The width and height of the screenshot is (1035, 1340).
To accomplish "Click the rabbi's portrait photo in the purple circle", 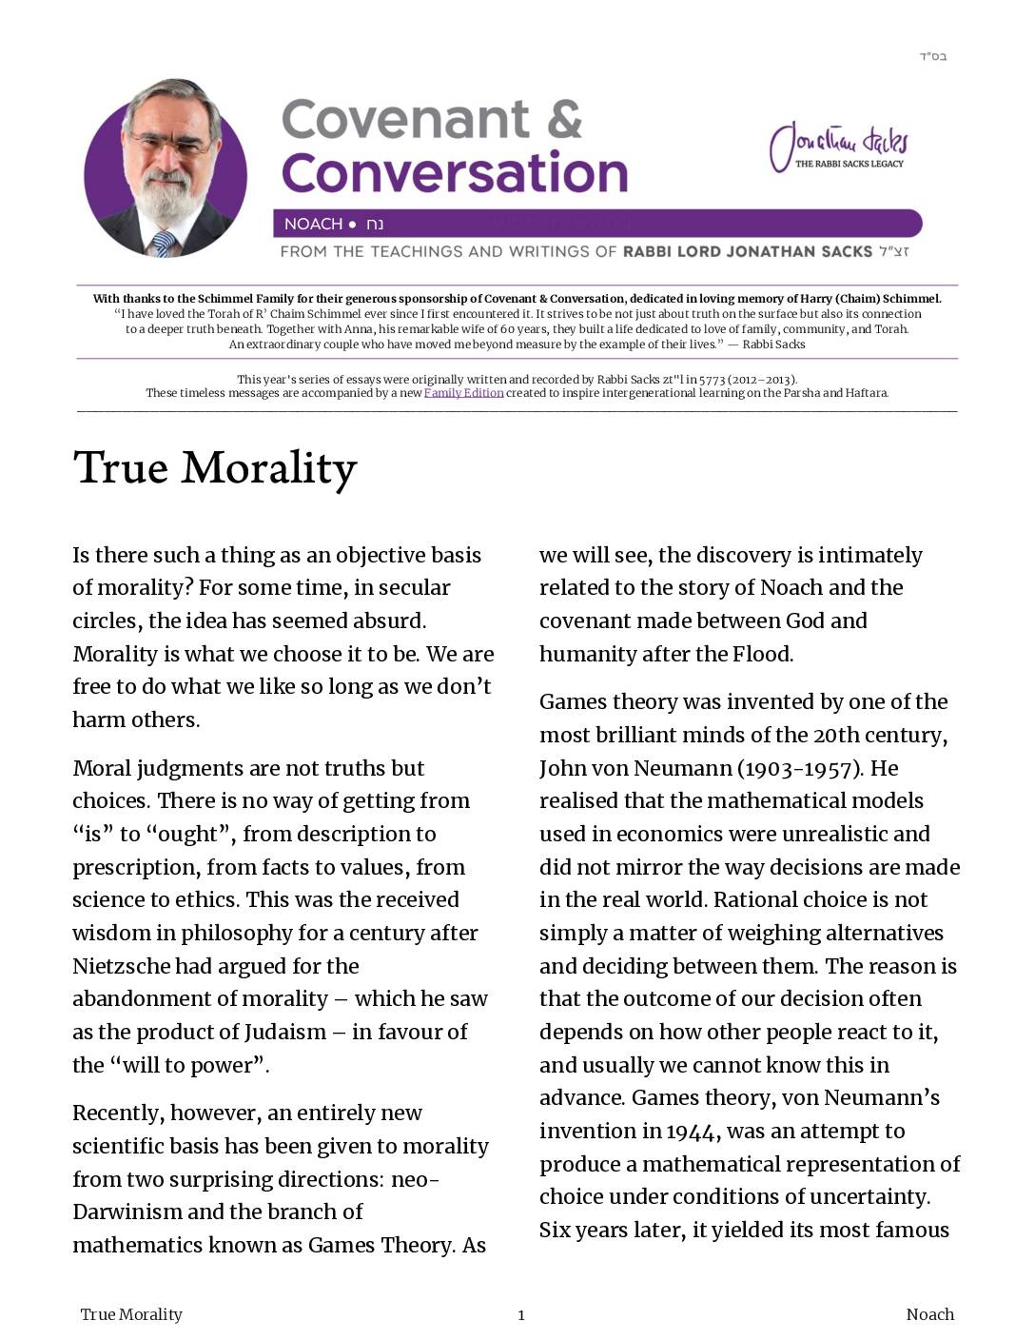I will click(x=166, y=169).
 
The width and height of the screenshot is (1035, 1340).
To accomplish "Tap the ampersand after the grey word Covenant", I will click(x=565, y=120).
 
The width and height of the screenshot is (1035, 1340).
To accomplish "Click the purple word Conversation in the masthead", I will click(x=455, y=173).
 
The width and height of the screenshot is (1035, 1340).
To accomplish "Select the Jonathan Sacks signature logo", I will click(x=838, y=147).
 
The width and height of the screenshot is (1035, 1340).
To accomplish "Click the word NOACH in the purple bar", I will click(x=313, y=224).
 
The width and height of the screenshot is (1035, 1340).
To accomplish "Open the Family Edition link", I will click(x=463, y=393).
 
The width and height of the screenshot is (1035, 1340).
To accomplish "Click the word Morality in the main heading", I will click(x=269, y=468).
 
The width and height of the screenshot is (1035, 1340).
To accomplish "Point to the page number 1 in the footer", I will click(x=521, y=1315).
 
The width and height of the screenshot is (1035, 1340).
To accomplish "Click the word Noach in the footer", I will click(x=929, y=1314).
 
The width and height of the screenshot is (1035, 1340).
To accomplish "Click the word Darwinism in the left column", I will click(x=127, y=1212).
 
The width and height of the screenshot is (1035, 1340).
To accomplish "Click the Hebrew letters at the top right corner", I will click(x=932, y=56).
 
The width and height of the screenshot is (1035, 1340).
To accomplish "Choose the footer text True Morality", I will click(x=131, y=1314).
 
